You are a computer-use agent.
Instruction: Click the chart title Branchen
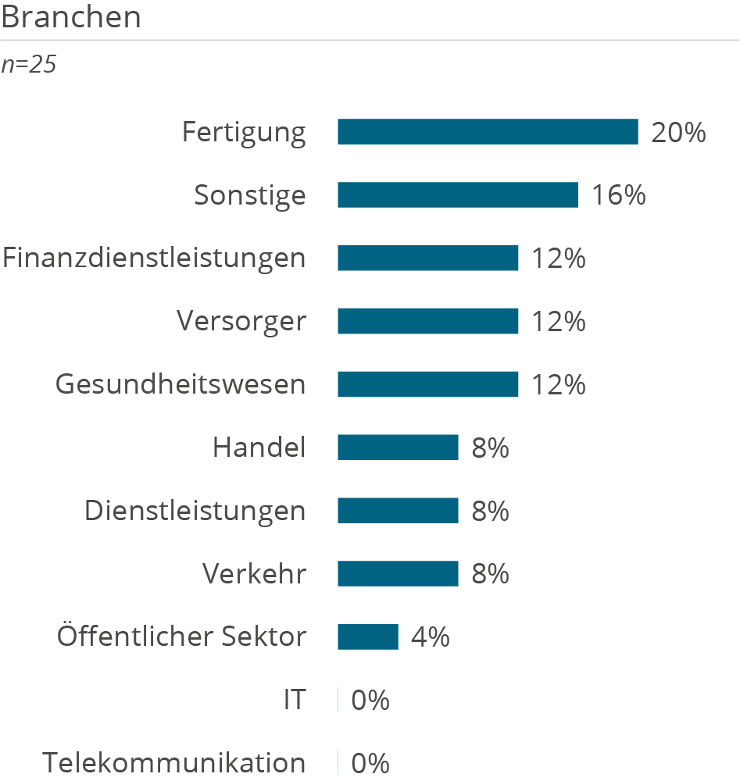click(71, 17)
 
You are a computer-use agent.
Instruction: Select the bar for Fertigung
click(488, 132)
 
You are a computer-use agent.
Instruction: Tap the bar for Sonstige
click(457, 195)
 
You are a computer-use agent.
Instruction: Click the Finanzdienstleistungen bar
click(427, 259)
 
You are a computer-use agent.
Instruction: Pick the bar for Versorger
click(427, 321)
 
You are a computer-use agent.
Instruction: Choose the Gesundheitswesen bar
click(427, 384)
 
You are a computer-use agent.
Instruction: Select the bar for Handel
click(398, 448)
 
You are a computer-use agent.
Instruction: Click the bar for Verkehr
click(398, 574)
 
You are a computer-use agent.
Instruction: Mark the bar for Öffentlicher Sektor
click(367, 637)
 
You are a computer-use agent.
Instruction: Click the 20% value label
click(678, 133)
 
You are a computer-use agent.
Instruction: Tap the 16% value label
click(618, 195)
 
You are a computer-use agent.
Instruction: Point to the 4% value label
click(431, 637)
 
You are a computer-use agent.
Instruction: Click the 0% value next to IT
click(370, 701)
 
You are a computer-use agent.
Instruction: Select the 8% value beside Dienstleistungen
click(490, 511)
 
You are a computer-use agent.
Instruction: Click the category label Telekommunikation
click(174, 763)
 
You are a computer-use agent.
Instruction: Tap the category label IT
click(295, 701)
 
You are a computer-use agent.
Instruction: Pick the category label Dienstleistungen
click(195, 511)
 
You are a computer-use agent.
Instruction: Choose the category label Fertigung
click(244, 133)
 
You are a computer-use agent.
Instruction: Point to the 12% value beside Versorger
click(559, 321)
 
